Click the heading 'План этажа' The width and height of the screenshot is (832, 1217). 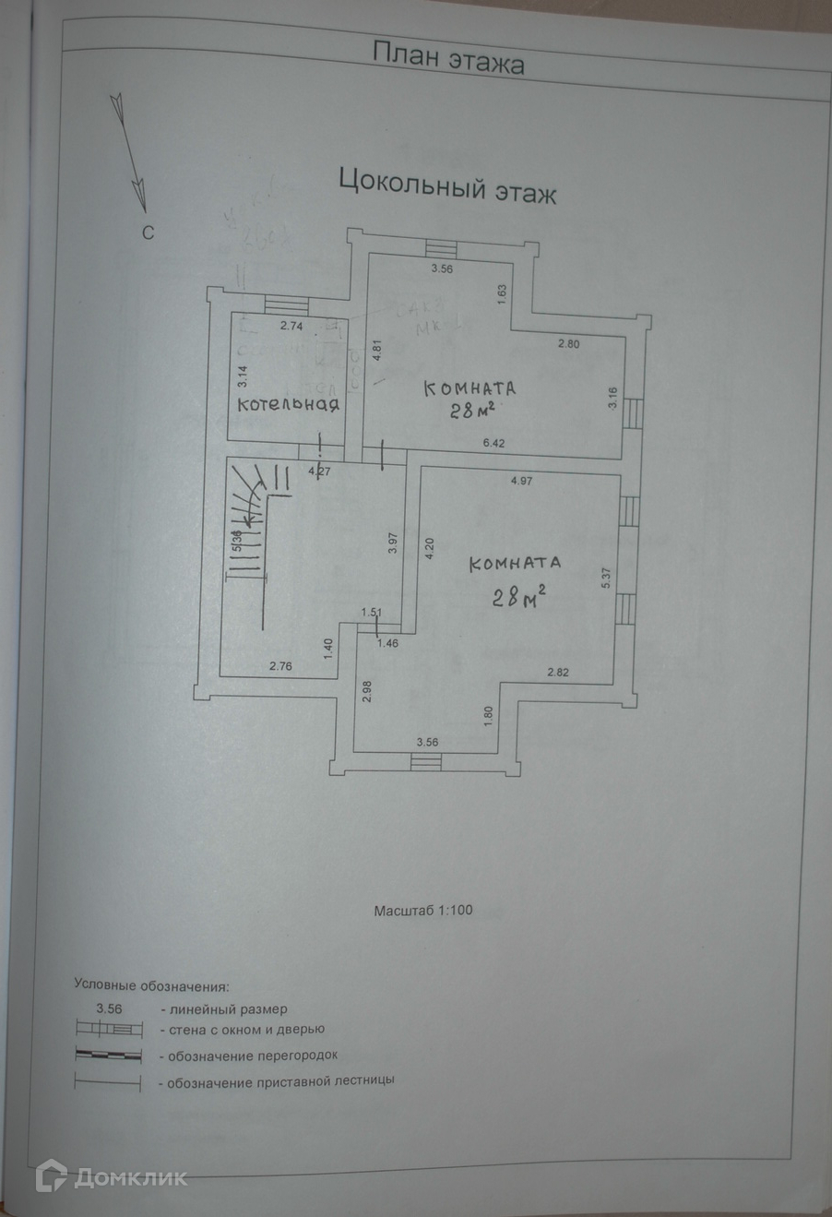pyautogui.click(x=448, y=58)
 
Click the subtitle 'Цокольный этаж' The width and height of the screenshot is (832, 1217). pyautogui.click(x=448, y=185)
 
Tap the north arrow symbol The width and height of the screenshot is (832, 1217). pyautogui.click(x=130, y=148)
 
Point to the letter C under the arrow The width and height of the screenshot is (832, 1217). pyautogui.click(x=147, y=233)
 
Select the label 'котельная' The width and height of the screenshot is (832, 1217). pyautogui.click(x=289, y=404)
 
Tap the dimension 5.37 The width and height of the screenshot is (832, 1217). pyautogui.click(x=606, y=576)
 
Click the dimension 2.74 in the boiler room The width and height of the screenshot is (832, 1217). pyautogui.click(x=291, y=326)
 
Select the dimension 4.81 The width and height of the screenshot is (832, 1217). pyautogui.click(x=376, y=355)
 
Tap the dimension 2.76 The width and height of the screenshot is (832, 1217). pyautogui.click(x=280, y=665)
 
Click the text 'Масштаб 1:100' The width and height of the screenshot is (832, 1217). pyautogui.click(x=423, y=910)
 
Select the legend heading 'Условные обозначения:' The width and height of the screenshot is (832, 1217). pyautogui.click(x=150, y=985)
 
